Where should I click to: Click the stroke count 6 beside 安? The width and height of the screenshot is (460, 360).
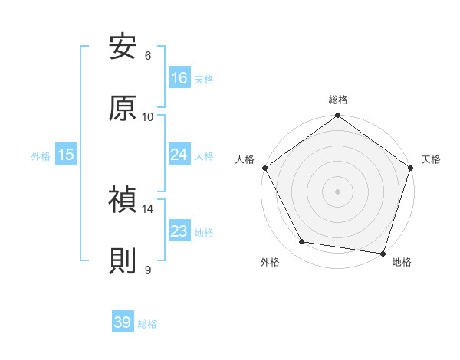click(x=148, y=55)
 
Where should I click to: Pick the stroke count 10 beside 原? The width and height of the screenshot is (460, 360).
click(x=148, y=116)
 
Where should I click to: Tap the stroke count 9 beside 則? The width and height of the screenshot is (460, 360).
click(x=148, y=270)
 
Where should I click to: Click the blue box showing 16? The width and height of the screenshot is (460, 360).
click(x=179, y=78)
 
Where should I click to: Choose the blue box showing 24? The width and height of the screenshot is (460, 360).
click(x=179, y=155)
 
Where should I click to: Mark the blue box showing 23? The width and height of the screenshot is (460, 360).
click(x=179, y=231)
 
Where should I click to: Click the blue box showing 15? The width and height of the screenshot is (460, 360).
click(x=66, y=155)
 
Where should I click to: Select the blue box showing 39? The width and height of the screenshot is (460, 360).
click(x=123, y=322)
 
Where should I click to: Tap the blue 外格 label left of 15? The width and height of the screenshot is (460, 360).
click(x=41, y=155)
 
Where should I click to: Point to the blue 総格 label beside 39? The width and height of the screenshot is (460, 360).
click(x=148, y=324)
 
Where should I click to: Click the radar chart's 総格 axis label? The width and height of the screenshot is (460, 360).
click(x=337, y=100)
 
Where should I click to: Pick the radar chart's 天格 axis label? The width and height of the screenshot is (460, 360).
click(x=431, y=159)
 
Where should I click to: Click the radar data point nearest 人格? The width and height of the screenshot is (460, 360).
click(x=265, y=168)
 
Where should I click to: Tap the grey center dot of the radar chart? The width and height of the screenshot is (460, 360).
click(x=337, y=191)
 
